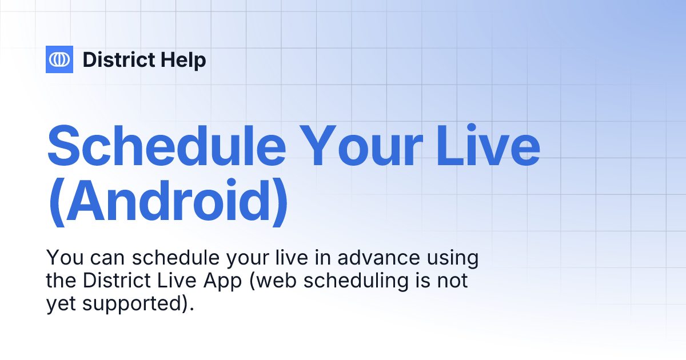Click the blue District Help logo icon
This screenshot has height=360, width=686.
coord(59,59)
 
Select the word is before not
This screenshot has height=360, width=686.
coord(429,281)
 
